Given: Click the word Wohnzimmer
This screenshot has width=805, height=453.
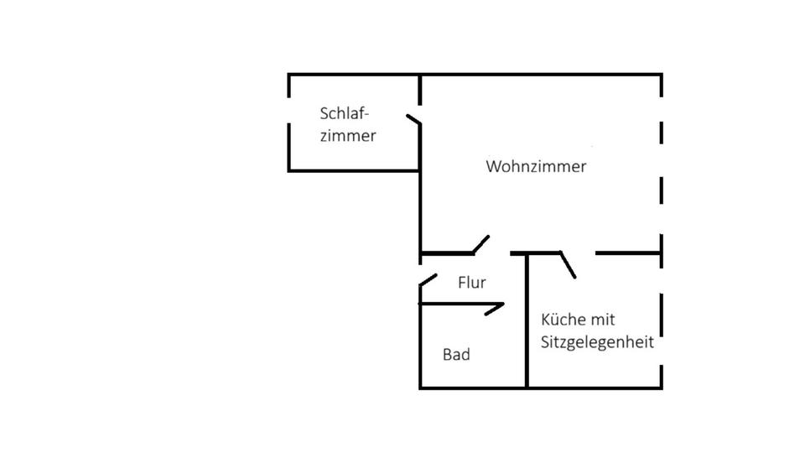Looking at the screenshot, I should point(536,166).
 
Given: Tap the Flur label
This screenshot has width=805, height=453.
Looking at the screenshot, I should point(472,283).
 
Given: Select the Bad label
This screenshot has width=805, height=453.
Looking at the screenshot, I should point(456,355).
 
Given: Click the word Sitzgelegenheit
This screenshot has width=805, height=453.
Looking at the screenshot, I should point(597,343).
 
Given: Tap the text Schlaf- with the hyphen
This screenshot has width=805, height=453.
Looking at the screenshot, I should point(345,113).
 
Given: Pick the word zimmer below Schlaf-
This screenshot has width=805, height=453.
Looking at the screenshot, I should point(348,135).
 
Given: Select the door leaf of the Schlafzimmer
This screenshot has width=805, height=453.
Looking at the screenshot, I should point(413,120).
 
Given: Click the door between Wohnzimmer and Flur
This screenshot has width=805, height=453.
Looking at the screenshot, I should point(480,244).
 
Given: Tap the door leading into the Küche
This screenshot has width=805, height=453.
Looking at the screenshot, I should point(568,264).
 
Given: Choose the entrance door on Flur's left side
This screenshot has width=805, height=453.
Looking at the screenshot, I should point(428,279).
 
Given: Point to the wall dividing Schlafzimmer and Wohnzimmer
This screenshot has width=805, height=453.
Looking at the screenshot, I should point(420,193).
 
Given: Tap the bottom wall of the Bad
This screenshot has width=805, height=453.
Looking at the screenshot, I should point(473,388).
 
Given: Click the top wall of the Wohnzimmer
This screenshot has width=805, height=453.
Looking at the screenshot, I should point(541,75).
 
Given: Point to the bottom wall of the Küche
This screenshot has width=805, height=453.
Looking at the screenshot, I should point(595,388).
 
